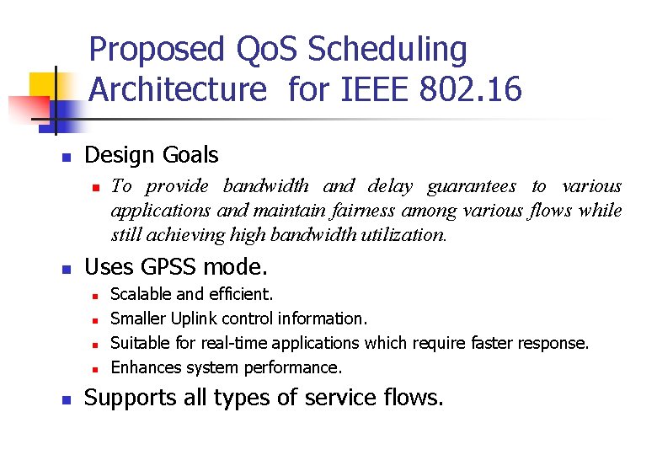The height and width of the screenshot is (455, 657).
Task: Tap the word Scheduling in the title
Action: click(387, 51)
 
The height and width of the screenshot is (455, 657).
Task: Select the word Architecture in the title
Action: click(177, 88)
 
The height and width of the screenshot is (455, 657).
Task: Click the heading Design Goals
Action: click(152, 155)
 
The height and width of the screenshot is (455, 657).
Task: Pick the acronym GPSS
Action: click(169, 268)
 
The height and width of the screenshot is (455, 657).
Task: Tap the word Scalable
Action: click(142, 294)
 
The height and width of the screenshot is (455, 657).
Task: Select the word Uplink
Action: click(194, 318)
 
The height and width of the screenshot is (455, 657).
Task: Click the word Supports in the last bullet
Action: click(131, 397)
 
